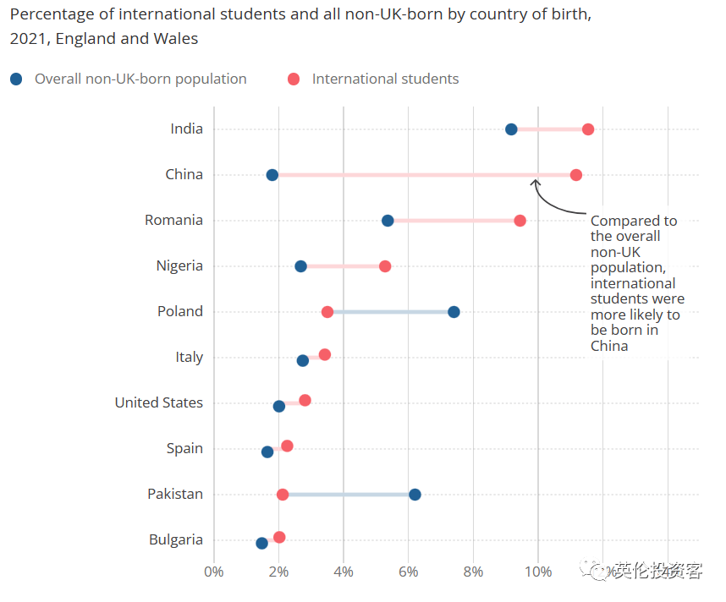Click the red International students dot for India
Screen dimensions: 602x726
[588, 129]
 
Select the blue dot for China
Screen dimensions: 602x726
[272, 175]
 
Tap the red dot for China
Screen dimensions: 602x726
[576, 175]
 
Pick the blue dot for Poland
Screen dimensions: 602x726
[454, 312]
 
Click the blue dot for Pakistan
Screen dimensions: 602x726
[415, 495]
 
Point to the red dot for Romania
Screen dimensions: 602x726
[520, 221]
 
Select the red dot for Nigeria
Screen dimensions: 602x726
[385, 266]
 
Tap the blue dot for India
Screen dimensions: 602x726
[511, 129]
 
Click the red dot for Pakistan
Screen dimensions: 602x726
[283, 495]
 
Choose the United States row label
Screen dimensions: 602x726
[159, 402]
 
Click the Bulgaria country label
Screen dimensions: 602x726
[176, 539]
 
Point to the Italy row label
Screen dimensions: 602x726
[190, 357]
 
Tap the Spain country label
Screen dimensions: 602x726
[184, 448]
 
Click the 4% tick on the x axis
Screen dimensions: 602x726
[344, 572]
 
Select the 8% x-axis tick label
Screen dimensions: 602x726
[474, 572]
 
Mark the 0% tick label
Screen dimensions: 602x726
[214, 572]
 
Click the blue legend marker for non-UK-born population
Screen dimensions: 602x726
[17, 79]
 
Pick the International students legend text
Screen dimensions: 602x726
[385, 79]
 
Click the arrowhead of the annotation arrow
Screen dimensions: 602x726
[535, 180]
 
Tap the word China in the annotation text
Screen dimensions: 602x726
[609, 346]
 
